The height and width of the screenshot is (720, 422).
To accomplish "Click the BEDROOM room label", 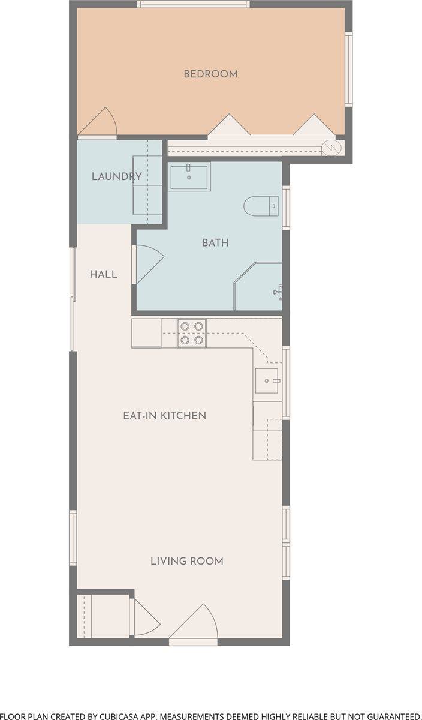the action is click(x=210, y=74).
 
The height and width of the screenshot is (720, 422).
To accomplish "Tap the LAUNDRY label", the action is click(x=116, y=176).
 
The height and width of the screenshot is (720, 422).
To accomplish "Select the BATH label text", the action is click(x=216, y=242).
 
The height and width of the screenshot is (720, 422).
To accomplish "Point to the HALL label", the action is click(x=104, y=274).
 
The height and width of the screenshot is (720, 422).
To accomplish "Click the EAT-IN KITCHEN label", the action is click(x=165, y=416).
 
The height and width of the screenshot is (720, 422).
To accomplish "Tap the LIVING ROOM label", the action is click(x=187, y=561).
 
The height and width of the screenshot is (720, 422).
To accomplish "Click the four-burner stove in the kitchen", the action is click(x=192, y=333).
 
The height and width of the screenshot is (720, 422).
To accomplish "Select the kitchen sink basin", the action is click(x=267, y=381).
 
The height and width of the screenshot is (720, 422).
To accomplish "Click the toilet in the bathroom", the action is click(x=261, y=206).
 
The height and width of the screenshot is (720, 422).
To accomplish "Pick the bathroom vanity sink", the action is click(x=189, y=177).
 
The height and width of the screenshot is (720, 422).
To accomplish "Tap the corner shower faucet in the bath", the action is click(x=278, y=292).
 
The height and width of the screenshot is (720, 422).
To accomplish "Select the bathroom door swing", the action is click(x=150, y=264).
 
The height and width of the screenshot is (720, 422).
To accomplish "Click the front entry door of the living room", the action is click(x=194, y=620).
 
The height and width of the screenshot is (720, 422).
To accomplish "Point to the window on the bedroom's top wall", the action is click(x=194, y=4).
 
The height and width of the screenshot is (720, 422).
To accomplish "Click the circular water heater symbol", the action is click(x=331, y=148).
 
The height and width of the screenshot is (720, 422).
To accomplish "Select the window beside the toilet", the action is click(x=286, y=208).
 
